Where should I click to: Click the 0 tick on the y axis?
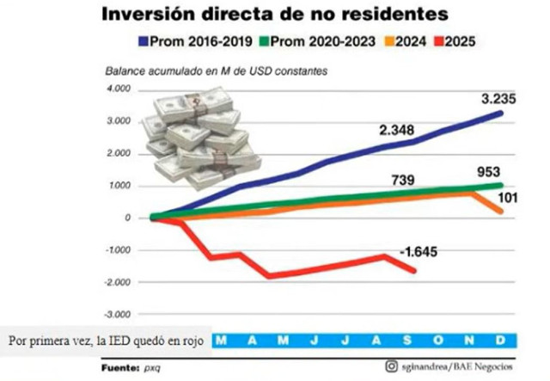(x=125, y=218)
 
